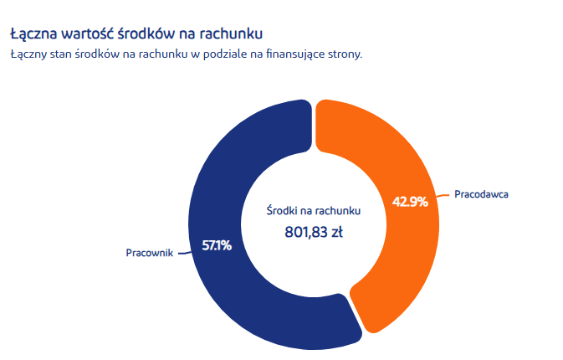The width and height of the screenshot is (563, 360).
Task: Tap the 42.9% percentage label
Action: tap(410, 201)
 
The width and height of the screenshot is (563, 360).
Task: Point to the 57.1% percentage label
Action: tap(217, 246)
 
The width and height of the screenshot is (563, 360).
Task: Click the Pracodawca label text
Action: tap(482, 194)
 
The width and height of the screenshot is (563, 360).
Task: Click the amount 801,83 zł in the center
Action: tap(314, 231)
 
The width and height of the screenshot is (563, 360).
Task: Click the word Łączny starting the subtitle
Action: tap(28, 54)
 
